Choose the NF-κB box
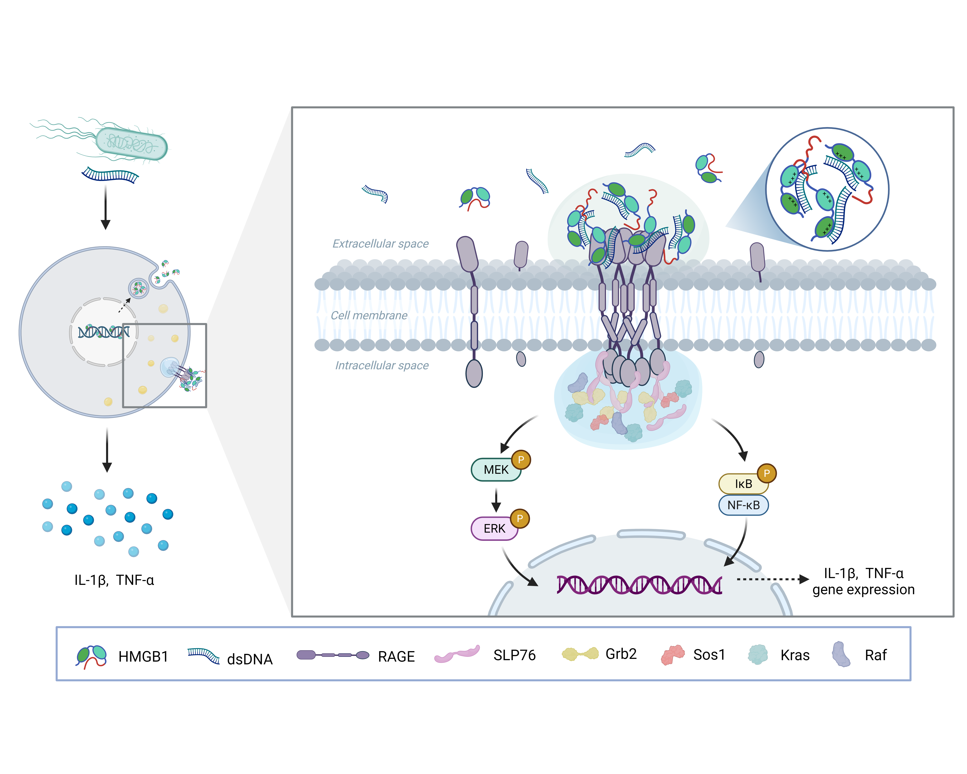(743, 505)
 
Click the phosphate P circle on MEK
(521, 459)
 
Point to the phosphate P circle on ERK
(520, 518)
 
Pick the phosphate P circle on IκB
(767, 473)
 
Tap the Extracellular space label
(380, 244)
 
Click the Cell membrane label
(369, 315)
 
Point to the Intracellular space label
(382, 365)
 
